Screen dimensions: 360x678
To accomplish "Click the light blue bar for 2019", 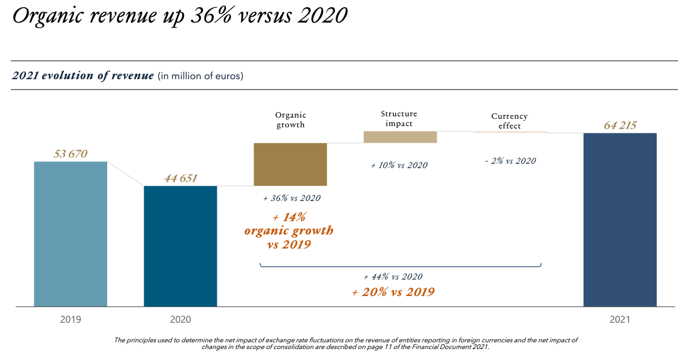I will point(71,234).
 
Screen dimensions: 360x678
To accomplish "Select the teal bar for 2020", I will point(180,246).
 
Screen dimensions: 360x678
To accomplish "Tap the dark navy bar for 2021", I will point(620,219).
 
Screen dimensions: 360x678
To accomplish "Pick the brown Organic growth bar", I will point(291,164).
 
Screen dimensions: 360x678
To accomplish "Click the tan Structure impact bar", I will point(400,137).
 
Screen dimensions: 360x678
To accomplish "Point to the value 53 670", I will point(71,154).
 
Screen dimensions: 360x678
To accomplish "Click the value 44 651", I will point(181,178).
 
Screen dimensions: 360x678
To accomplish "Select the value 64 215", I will point(620,125).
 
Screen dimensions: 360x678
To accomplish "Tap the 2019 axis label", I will point(71,319).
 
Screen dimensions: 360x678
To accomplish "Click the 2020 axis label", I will point(180,319).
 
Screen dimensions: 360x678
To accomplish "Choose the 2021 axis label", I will point(620,319).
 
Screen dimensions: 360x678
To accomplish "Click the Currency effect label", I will point(509,121).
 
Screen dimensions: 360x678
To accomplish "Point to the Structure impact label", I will point(399,118).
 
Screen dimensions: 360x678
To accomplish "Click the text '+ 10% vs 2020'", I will point(399,165).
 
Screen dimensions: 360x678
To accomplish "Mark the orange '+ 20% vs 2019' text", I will point(393,292).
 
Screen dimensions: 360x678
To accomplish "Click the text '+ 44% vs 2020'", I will point(393,277).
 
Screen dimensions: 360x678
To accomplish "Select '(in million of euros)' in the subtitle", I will point(200,76).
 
